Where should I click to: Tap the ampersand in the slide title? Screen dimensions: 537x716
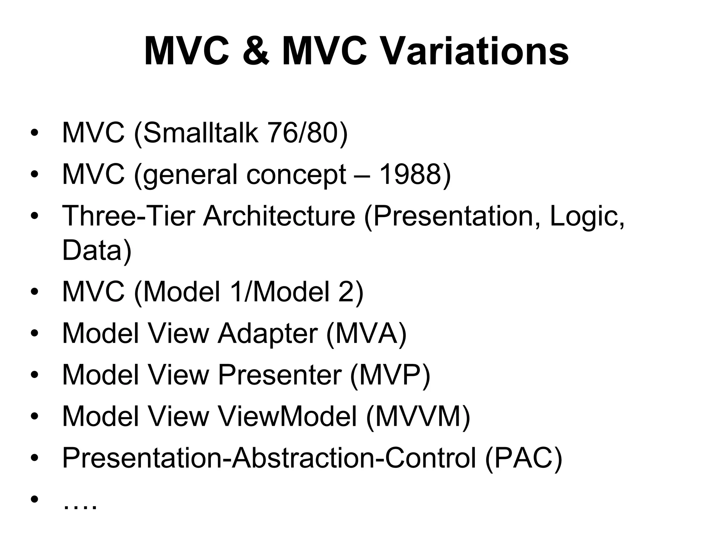tap(256, 52)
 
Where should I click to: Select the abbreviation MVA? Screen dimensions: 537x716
tap(366, 334)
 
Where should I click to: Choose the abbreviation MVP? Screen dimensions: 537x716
tap(390, 375)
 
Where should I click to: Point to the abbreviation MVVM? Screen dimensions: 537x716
tap(418, 416)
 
